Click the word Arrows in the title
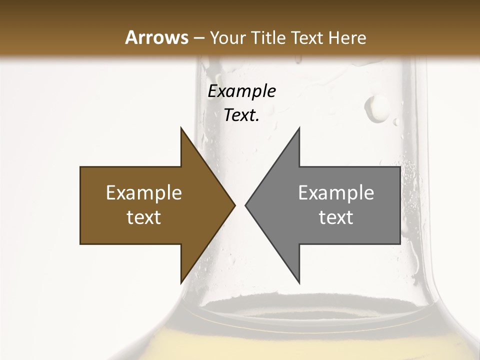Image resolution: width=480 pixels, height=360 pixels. click(x=157, y=37)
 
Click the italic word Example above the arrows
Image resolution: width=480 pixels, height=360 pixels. click(x=242, y=91)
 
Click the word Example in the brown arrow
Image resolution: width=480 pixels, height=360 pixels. click(x=144, y=193)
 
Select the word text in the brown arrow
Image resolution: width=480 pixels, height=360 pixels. click(x=144, y=217)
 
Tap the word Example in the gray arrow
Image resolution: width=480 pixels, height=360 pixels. click(x=336, y=193)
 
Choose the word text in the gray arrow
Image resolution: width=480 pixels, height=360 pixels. click(x=336, y=217)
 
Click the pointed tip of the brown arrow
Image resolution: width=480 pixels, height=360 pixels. click(x=235, y=205)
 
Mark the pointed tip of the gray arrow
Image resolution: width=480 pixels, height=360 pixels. click(x=245, y=205)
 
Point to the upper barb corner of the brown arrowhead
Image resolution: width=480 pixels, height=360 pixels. click(x=181, y=128)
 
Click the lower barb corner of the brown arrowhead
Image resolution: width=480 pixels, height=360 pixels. click(x=181, y=283)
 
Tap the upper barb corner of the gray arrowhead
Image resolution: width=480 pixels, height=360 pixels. click(x=299, y=128)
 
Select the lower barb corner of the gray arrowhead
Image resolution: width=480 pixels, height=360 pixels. click(x=299, y=283)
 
